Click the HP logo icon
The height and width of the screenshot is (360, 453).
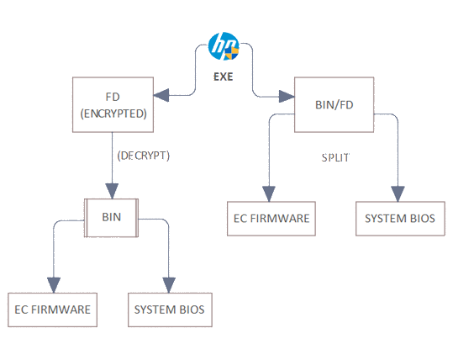[224, 46]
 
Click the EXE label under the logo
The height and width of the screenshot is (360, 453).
[223, 77]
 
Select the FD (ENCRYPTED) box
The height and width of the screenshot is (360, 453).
[113, 104]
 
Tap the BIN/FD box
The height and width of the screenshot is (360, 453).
[334, 104]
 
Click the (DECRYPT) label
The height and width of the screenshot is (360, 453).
[143, 156]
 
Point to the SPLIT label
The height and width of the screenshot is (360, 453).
[335, 158]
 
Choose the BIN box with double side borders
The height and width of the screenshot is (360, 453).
[112, 218]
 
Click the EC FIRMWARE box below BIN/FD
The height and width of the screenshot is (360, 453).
[271, 219]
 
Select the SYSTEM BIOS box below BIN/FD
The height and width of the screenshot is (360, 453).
[400, 219]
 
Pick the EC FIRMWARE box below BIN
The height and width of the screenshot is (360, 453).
[53, 310]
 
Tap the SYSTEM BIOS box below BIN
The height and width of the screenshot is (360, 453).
[170, 310]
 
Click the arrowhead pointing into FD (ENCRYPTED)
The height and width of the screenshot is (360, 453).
[161, 95]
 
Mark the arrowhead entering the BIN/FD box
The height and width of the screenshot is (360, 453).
[287, 96]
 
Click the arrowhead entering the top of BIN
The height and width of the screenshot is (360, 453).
[112, 191]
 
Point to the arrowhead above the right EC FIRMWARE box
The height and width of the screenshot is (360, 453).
[269, 194]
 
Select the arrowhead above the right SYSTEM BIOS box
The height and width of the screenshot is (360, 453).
[398, 194]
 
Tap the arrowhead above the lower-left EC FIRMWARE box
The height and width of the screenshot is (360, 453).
[54, 285]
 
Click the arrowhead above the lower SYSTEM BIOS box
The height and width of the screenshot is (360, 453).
[169, 285]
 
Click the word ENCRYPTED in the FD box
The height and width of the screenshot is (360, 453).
[113, 114]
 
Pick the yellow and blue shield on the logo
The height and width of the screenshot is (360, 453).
[232, 53]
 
